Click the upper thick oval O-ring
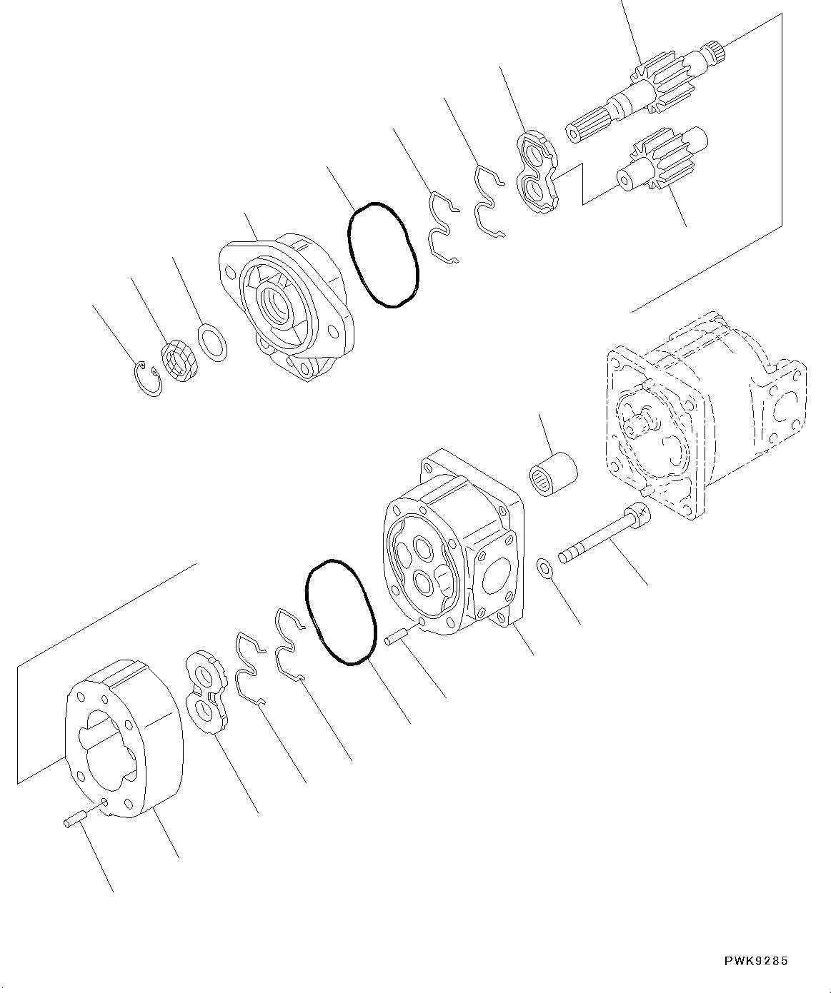pos(382,255)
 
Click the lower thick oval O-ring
pos(340,611)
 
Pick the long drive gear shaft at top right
pos(643,91)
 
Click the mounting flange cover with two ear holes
pos(286,307)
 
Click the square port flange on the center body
pos(497,575)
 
